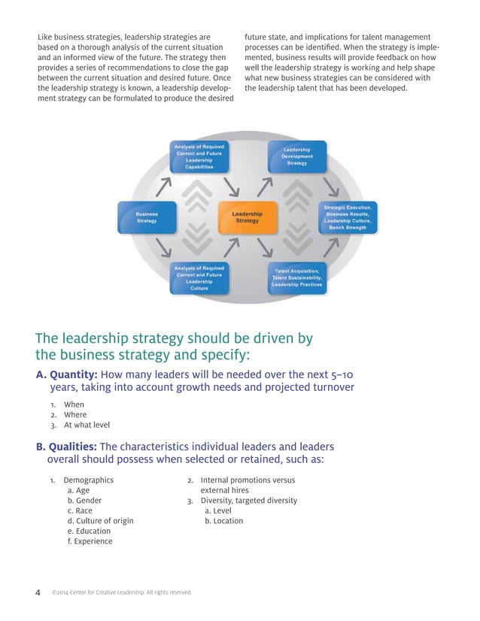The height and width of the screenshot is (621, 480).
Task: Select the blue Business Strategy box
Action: (146, 217)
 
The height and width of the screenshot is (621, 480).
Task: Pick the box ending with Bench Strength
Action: (348, 217)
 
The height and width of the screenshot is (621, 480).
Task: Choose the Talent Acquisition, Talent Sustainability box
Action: (296, 277)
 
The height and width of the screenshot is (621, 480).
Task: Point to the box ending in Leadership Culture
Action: (199, 277)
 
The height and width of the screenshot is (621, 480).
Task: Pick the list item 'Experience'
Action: (90, 541)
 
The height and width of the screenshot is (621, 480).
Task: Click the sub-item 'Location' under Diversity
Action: (223, 520)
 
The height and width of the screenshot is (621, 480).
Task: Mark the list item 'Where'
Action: (74, 414)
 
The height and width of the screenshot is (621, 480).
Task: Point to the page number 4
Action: (38, 592)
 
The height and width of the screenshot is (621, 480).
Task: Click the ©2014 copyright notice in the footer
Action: (121, 592)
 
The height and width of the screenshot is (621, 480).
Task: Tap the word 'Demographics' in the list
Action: (88, 480)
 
